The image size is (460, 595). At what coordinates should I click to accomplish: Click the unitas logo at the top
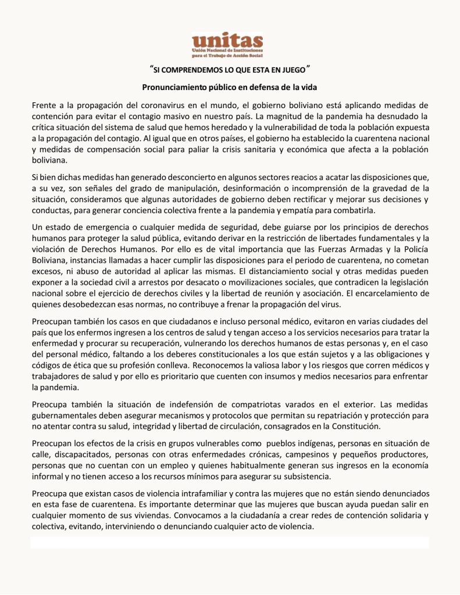(227, 45)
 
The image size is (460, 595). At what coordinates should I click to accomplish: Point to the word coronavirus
(150, 105)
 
